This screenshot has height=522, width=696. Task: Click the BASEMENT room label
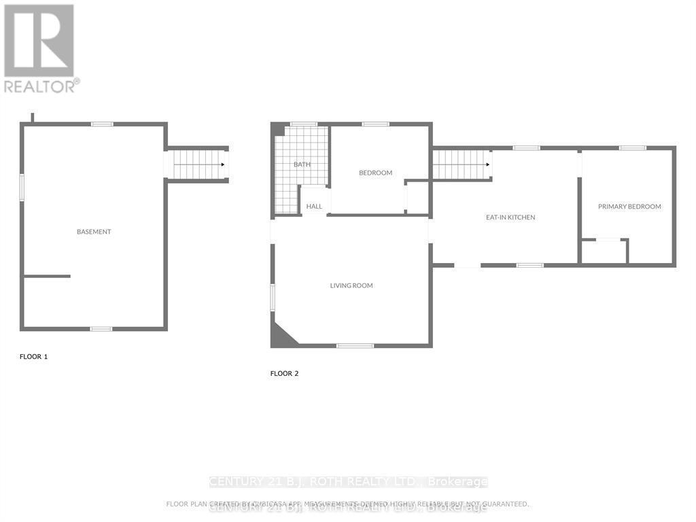[94, 232]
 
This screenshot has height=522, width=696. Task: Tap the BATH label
[302, 164]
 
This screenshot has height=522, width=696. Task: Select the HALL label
[314, 207]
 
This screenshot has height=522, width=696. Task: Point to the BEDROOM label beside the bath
[376, 173]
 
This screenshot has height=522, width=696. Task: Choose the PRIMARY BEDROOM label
[629, 207]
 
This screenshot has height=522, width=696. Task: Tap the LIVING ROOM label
[351, 285]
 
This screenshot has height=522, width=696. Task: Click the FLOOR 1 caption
[34, 356]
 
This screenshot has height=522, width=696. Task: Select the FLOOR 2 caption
[285, 373]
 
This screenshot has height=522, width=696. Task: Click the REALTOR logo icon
[39, 41]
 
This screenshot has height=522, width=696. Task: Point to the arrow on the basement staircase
[222, 164]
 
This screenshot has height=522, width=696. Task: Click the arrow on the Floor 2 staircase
[487, 164]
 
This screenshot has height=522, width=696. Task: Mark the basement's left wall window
[22, 187]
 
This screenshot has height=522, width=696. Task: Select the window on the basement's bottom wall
[101, 329]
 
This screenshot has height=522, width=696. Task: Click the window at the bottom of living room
[355, 346]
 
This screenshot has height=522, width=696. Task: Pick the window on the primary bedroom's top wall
[632, 147]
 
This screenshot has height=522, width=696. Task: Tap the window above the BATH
[303, 124]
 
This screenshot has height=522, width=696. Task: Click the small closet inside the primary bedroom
[604, 251]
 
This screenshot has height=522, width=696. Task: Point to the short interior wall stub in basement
[47, 276]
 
